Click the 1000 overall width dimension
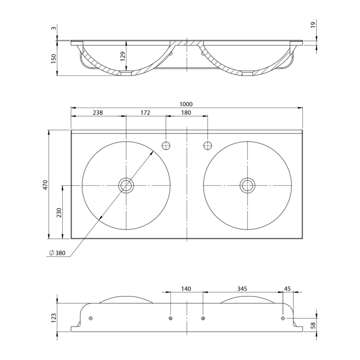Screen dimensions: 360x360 (186, 104)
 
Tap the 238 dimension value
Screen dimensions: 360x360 (98, 112)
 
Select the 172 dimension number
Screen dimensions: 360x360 (145, 112)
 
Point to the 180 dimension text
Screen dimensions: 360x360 (186, 112)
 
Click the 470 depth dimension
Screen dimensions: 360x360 (45, 185)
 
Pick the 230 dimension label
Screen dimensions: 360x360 (59, 213)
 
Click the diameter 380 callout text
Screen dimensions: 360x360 (58, 253)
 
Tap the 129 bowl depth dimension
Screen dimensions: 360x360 (123, 56)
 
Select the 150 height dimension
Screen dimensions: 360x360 (53, 59)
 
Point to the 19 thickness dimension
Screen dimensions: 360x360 (313, 25)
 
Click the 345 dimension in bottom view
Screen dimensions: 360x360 (242, 288)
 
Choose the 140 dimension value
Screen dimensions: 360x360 (186, 288)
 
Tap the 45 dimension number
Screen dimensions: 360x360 (288, 288)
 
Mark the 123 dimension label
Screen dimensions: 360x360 (53, 318)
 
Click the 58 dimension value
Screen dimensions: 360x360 (313, 325)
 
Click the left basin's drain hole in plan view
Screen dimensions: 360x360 (126, 185)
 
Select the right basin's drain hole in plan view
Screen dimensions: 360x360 (247, 185)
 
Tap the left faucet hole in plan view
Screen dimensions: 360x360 (166, 145)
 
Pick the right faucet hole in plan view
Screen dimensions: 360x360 (208, 145)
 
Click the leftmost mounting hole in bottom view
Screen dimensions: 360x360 (91, 318)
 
